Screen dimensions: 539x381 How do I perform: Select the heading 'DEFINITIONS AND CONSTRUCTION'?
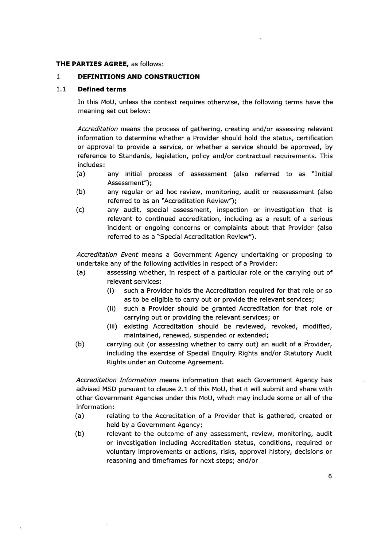[138, 77]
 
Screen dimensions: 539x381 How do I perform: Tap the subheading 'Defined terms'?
[102, 89]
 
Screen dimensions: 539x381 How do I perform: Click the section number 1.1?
[61, 89]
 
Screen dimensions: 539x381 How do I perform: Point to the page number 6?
[330, 476]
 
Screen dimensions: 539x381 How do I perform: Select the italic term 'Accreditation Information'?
[116, 380]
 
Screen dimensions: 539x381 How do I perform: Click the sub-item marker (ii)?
[111, 308]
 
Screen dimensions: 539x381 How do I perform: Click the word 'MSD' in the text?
[108, 389]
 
